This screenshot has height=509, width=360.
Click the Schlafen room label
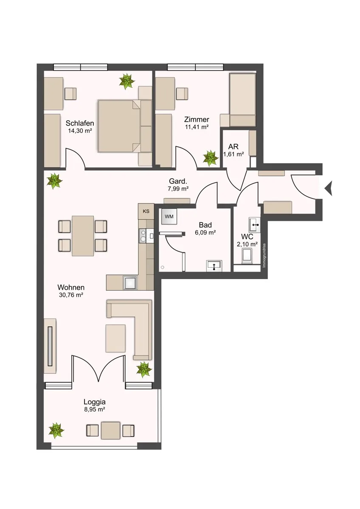(x=79, y=123)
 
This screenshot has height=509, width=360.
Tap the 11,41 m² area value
(x=197, y=127)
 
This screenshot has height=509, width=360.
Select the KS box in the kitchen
(x=146, y=211)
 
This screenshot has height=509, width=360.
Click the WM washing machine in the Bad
(x=169, y=216)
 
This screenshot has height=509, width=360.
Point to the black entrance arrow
(x=329, y=188)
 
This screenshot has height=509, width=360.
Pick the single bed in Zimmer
(x=243, y=100)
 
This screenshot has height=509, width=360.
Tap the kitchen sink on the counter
(x=130, y=282)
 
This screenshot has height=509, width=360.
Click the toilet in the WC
(x=247, y=256)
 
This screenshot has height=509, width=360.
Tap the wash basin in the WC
(x=255, y=225)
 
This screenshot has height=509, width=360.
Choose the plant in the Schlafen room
(x=126, y=81)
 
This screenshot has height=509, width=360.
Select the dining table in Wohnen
(x=83, y=236)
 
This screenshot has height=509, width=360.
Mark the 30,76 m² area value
(x=71, y=295)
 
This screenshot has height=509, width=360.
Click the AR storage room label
(x=233, y=146)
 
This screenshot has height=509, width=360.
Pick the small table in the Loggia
(x=110, y=431)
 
